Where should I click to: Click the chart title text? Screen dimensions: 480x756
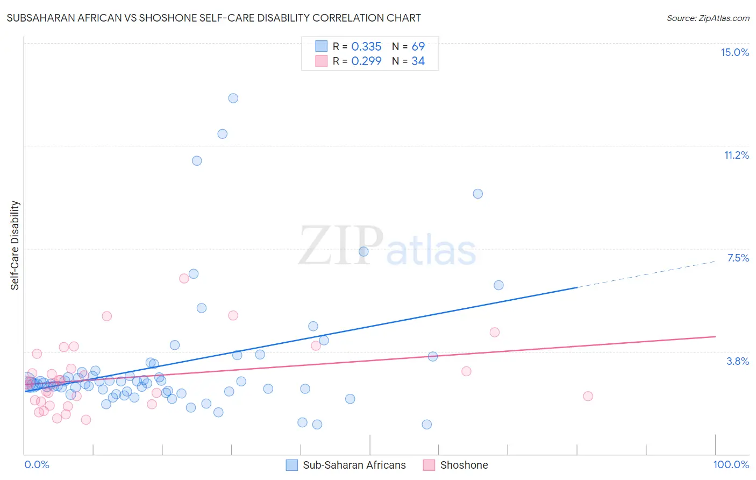pos(213,18)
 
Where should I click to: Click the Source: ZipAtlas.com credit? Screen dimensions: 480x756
pos(708,18)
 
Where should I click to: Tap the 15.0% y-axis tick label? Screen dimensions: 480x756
pos(734,52)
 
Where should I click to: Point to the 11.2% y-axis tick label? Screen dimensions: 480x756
pos(736,155)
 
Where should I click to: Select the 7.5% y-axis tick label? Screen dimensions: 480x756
pos(738,258)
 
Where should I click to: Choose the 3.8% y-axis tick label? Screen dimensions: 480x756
pos(738,361)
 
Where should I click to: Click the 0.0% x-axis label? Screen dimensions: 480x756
pos(37,464)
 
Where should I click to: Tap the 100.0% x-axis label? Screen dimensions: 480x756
pos(731,464)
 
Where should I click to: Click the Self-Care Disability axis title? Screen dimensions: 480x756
pos(15,245)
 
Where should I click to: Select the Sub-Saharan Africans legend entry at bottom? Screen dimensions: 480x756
pos(354,465)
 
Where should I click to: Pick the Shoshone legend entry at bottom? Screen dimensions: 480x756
pos(463,465)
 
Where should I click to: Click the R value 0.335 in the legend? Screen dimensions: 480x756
pos(366,47)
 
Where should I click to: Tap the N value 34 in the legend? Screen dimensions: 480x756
pos(418,61)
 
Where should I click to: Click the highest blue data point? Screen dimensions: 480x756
pos(233,98)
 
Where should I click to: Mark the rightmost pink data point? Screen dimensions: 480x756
pos(588,396)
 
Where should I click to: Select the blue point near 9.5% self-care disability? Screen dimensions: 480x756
pos(477,194)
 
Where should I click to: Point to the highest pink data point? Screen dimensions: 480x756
pos(184,278)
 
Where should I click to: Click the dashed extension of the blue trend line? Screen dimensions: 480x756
pos(645,274)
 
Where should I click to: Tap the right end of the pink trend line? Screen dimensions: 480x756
pos(715,336)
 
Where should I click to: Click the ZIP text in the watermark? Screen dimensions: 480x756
pos(341,246)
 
